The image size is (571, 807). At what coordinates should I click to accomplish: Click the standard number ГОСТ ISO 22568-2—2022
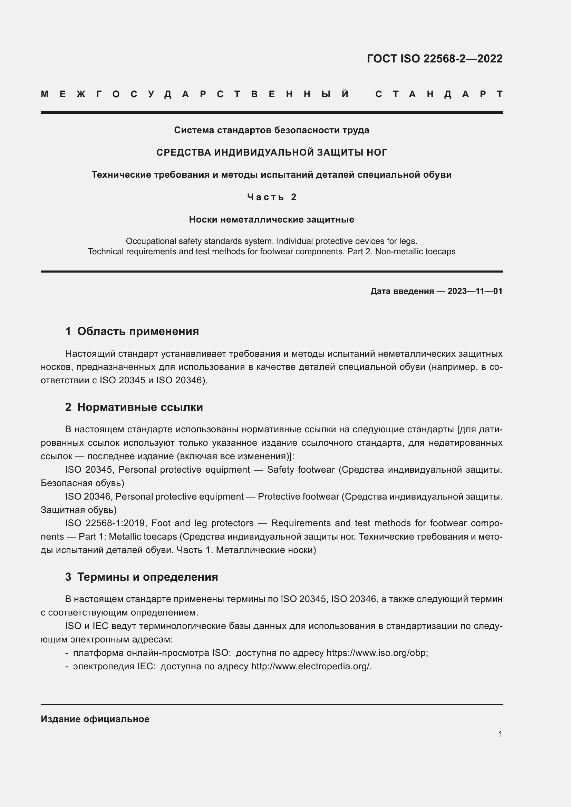(435, 59)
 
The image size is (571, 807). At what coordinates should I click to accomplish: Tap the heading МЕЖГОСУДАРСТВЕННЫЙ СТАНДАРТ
(271, 94)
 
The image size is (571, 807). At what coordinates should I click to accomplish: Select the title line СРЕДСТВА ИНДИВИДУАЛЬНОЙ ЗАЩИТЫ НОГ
(271, 152)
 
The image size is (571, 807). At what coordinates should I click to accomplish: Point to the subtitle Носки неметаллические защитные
(271, 220)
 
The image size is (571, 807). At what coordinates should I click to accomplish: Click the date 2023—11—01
(475, 291)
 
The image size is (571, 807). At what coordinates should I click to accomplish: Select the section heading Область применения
(138, 331)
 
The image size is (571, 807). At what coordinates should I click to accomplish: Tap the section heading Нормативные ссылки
(140, 407)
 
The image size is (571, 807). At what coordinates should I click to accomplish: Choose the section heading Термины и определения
(147, 577)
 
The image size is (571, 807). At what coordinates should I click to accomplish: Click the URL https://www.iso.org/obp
(377, 653)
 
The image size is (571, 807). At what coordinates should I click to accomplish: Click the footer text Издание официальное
(95, 719)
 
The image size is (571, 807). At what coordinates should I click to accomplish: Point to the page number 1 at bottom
(500, 734)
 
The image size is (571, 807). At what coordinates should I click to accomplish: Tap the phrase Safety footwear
(301, 470)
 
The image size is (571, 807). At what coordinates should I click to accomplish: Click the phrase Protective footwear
(299, 496)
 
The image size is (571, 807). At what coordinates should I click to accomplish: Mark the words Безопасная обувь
(82, 483)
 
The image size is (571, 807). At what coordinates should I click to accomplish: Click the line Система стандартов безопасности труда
(271, 130)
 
